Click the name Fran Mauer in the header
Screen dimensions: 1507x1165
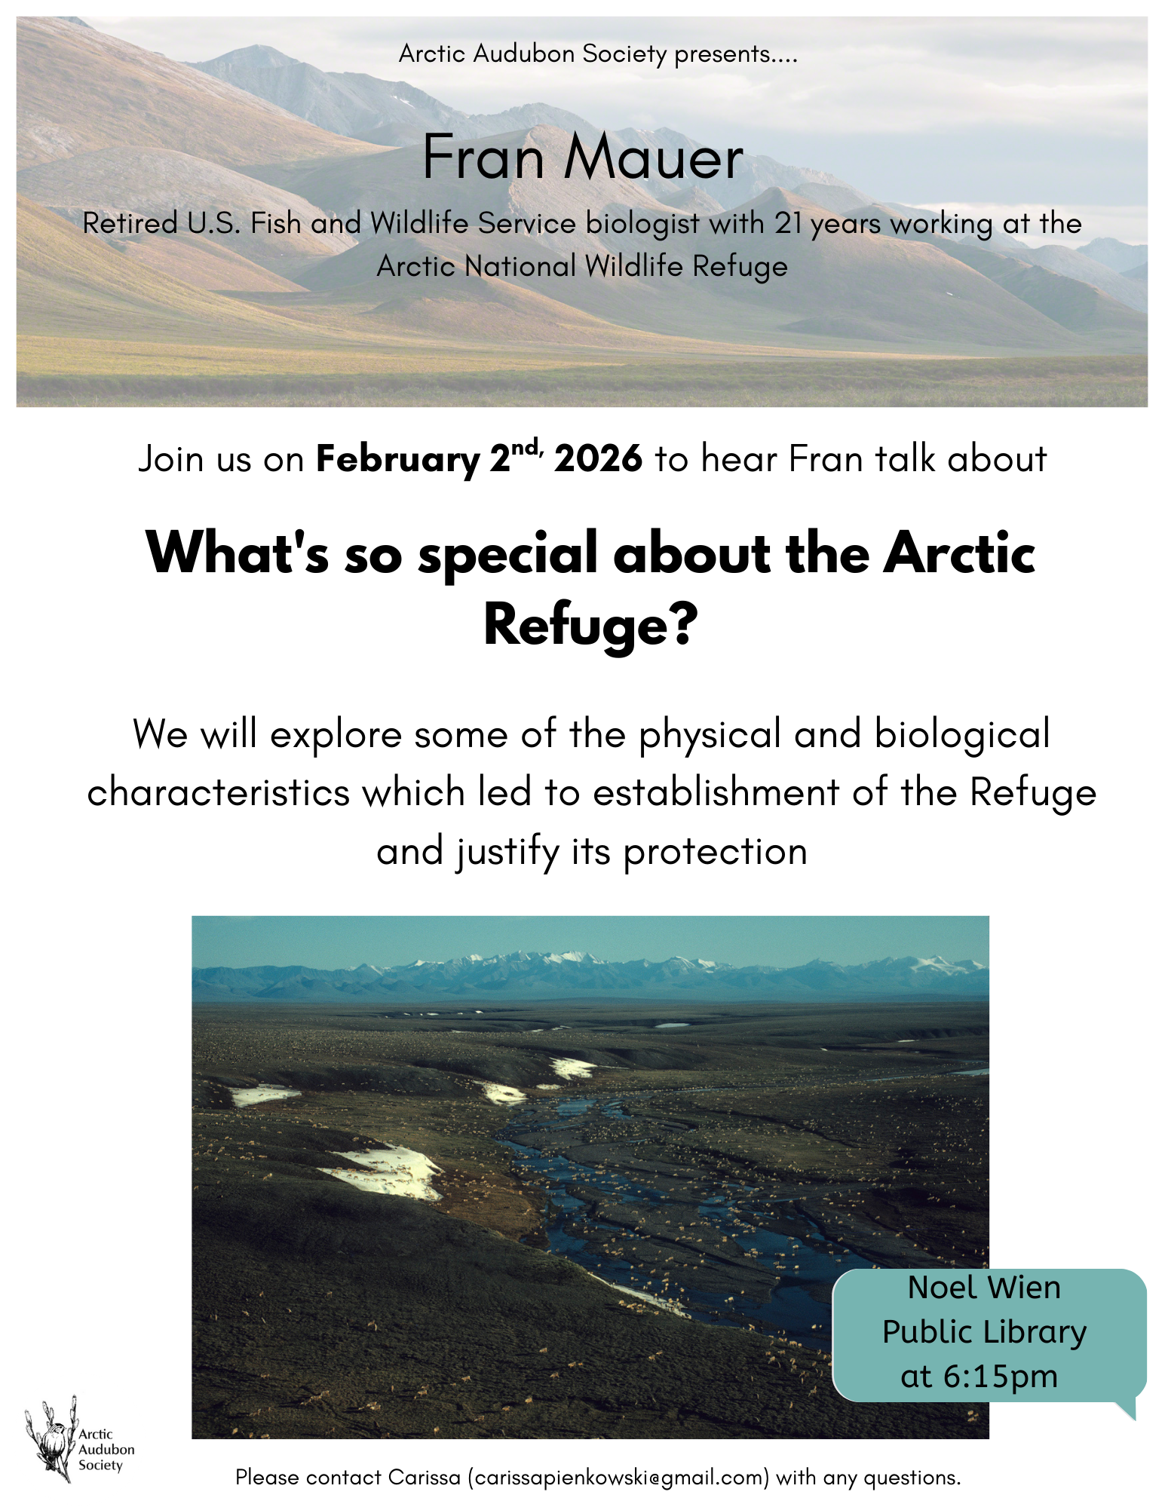pos(583,158)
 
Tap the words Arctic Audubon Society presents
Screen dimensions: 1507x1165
pos(597,54)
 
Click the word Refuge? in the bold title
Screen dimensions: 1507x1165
pos(591,625)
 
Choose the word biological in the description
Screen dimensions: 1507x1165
pos(962,734)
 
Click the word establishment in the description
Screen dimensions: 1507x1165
pos(716,793)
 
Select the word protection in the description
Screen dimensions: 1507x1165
pos(715,852)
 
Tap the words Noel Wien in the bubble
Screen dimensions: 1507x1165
pos(984,1288)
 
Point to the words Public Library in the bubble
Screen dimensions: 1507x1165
pos(984,1332)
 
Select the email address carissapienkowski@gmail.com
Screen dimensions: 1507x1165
pos(618,1478)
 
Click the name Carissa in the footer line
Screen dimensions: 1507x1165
pos(424,1478)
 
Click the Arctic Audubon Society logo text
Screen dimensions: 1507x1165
pos(106,1449)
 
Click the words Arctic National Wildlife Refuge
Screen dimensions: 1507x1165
pos(582,266)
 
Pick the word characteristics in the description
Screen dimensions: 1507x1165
pos(219,793)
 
